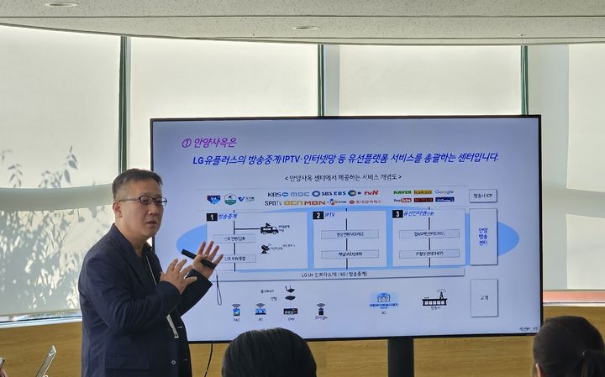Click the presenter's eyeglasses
pos(142,201)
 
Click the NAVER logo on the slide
pos(402,192)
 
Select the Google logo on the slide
pos(444,192)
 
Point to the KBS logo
pos(277,193)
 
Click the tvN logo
pos(370,193)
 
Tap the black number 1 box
pos(212,216)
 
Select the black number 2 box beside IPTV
pos(318,215)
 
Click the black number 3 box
pos(397,214)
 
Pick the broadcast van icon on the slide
pos(268,228)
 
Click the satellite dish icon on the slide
pos(266,249)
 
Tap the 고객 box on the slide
pos(484,297)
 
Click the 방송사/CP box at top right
pos(482,196)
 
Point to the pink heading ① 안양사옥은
pos(209,142)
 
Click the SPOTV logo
pos(272,202)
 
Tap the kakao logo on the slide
pos(423,192)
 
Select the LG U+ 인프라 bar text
pos(334,275)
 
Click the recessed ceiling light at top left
pos(60,4)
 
